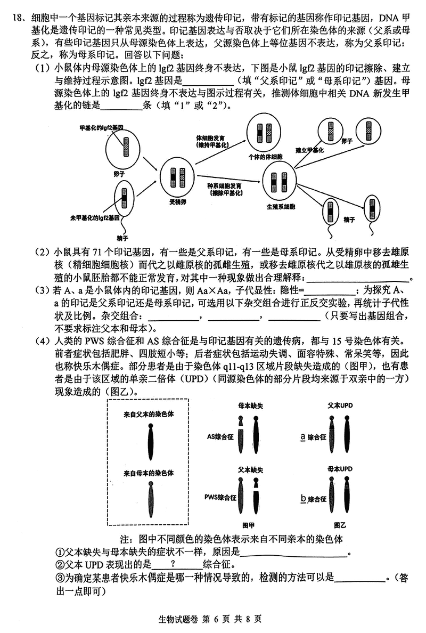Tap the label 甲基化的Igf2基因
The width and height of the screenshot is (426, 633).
(102, 128)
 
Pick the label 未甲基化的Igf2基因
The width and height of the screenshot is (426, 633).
(93, 218)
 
